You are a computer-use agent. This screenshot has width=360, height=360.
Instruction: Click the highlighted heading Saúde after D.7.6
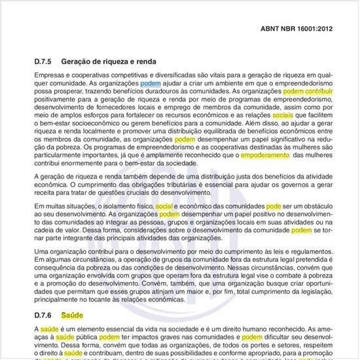72,315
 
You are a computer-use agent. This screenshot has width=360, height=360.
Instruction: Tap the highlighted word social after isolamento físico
164,206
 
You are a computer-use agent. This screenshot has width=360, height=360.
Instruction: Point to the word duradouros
152,92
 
